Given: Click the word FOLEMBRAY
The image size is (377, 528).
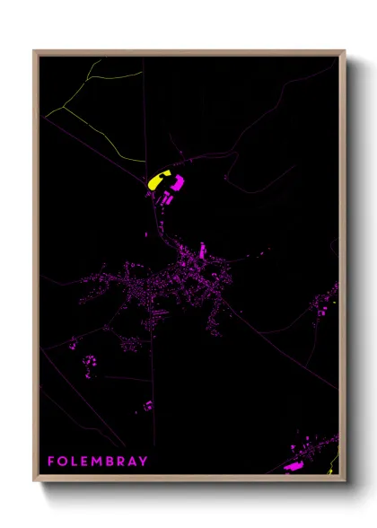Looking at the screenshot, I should [x=97, y=462].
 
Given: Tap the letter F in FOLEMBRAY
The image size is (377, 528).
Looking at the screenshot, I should [x=51, y=462].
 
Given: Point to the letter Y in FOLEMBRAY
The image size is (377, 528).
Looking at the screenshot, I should [x=143, y=462].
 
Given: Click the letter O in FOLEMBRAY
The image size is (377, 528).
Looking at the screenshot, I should [x=63, y=462].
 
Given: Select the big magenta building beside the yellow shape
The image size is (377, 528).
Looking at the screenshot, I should [x=177, y=183].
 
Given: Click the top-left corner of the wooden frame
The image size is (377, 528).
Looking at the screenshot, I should [x=35, y=52].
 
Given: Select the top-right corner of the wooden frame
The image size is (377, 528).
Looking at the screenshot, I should [x=344, y=52].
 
